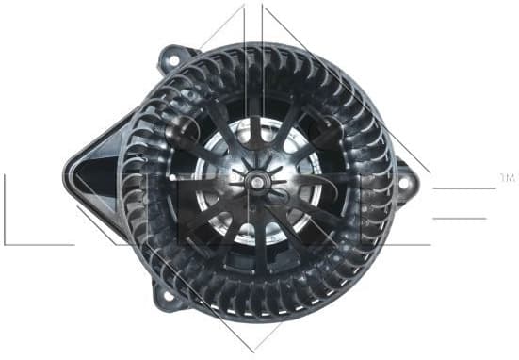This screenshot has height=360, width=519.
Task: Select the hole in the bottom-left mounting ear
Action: [x=170, y=295]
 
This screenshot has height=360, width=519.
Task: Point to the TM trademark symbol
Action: [x=506, y=176]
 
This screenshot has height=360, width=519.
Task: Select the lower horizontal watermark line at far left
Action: [x=38, y=244]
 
